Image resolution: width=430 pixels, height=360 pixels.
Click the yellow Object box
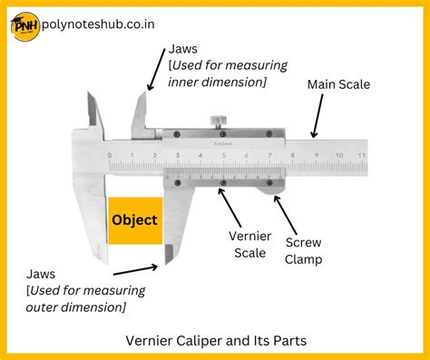[x=134, y=219]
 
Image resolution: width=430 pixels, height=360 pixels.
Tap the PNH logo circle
[x=26, y=26]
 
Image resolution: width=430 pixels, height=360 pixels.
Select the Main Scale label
[x=338, y=84]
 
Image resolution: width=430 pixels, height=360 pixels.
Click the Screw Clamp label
[x=303, y=250]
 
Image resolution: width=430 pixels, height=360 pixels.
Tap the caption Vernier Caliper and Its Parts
[x=214, y=340]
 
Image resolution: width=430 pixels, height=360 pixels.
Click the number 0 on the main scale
[x=110, y=156]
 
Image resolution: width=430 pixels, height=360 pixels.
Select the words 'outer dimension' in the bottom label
[x=76, y=307]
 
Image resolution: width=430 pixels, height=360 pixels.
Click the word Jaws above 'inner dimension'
[x=184, y=47]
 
